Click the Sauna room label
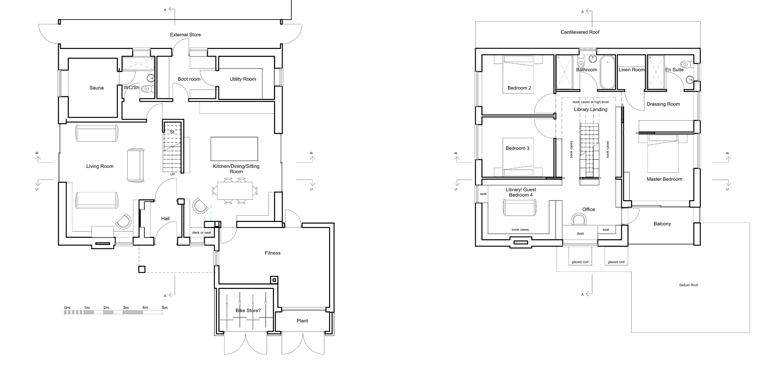(97, 88)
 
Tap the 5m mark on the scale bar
(165, 308)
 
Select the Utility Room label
(243, 79)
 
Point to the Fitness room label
(272, 253)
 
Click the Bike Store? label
(248, 311)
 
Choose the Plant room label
(302, 321)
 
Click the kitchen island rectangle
(234, 149)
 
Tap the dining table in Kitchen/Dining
(235, 191)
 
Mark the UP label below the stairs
(172, 174)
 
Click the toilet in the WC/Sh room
(146, 89)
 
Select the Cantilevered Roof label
(580, 32)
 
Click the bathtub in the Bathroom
(607, 73)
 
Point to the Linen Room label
(631, 70)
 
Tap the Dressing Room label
(663, 104)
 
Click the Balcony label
(662, 224)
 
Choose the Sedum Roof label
(688, 285)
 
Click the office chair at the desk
(579, 219)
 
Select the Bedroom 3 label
(518, 148)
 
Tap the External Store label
(186, 35)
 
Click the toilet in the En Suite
(686, 64)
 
